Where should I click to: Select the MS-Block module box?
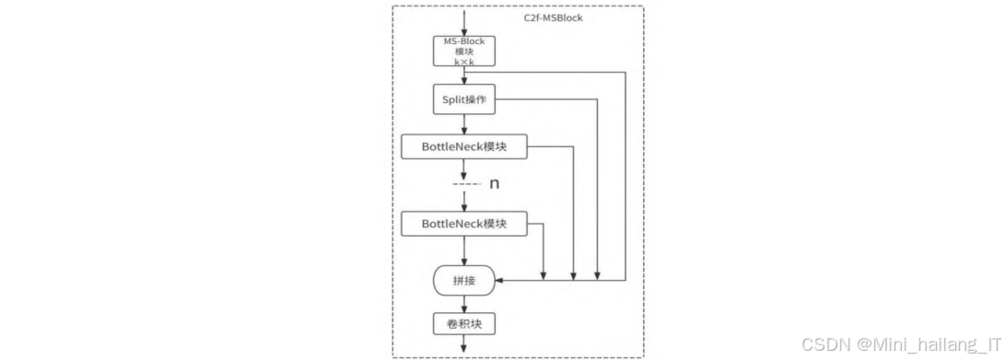[464, 51]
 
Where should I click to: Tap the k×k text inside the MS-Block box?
[464, 62]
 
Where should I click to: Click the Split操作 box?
[464, 99]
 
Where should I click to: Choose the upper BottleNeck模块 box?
[464, 146]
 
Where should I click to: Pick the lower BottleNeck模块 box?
[464, 224]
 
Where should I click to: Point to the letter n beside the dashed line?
[494, 184]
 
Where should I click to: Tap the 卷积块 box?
[464, 324]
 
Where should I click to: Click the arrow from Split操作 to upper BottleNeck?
[464, 123]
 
